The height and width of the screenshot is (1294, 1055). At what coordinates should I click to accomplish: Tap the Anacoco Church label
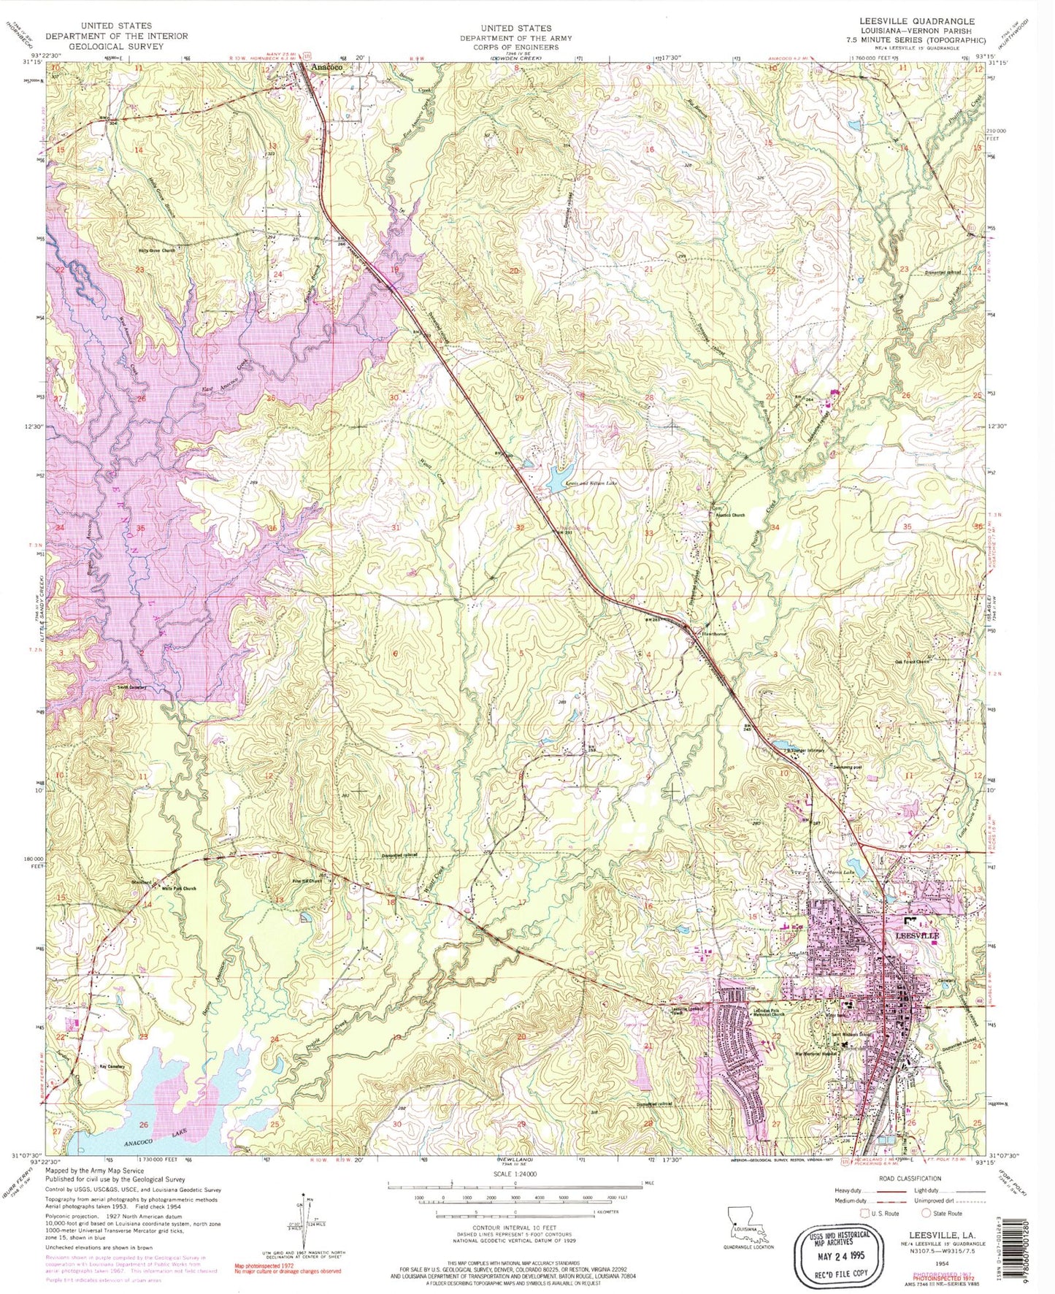730,515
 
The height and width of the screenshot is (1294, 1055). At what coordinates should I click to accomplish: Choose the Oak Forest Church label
913,662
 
